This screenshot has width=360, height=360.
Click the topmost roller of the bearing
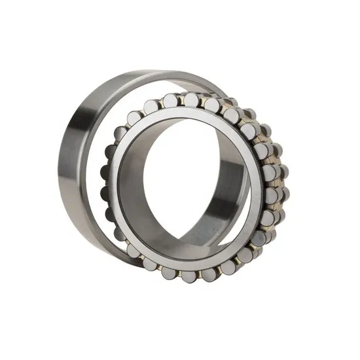[x=190, y=100]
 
